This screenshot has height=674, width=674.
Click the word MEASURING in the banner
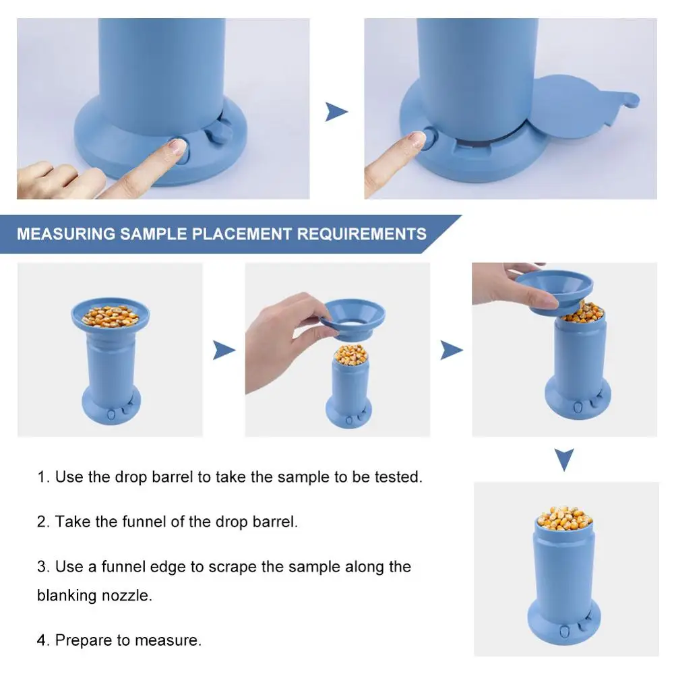66,234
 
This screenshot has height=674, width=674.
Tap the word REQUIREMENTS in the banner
361,234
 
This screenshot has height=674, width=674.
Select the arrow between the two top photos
336,112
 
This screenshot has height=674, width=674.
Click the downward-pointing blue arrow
564,460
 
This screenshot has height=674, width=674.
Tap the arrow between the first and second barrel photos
224,350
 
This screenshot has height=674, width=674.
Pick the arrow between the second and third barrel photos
452,350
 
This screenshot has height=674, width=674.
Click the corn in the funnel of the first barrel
111,316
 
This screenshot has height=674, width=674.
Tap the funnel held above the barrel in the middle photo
353,319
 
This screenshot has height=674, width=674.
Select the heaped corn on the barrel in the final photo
564,518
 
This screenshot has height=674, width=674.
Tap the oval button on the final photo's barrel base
564,632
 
